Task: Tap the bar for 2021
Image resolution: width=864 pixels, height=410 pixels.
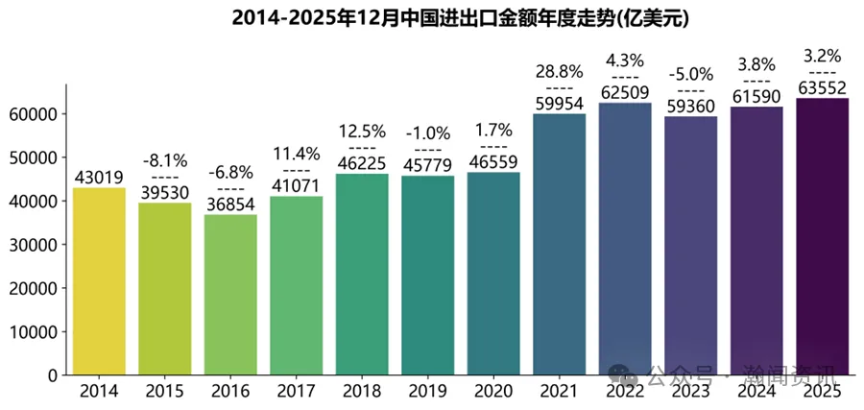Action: pos(559,245)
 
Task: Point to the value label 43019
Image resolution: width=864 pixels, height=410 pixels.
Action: pos(99,177)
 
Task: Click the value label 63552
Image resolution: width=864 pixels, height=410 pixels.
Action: pos(822,87)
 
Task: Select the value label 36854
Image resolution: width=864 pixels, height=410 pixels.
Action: pos(230,204)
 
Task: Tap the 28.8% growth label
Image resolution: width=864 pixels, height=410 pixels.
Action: pos(559,72)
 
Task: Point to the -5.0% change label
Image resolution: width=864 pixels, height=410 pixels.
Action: pos(690,75)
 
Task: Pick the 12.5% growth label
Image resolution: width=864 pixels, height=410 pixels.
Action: pos(362,130)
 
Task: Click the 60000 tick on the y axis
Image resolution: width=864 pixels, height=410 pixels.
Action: pos(33,113)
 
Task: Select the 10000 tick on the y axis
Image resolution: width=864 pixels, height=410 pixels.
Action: pos(33,332)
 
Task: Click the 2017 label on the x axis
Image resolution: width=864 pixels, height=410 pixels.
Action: pos(296,392)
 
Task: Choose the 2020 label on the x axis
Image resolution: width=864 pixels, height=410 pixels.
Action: pos(493,392)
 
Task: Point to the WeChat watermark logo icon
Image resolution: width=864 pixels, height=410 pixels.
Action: pos(630,373)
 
